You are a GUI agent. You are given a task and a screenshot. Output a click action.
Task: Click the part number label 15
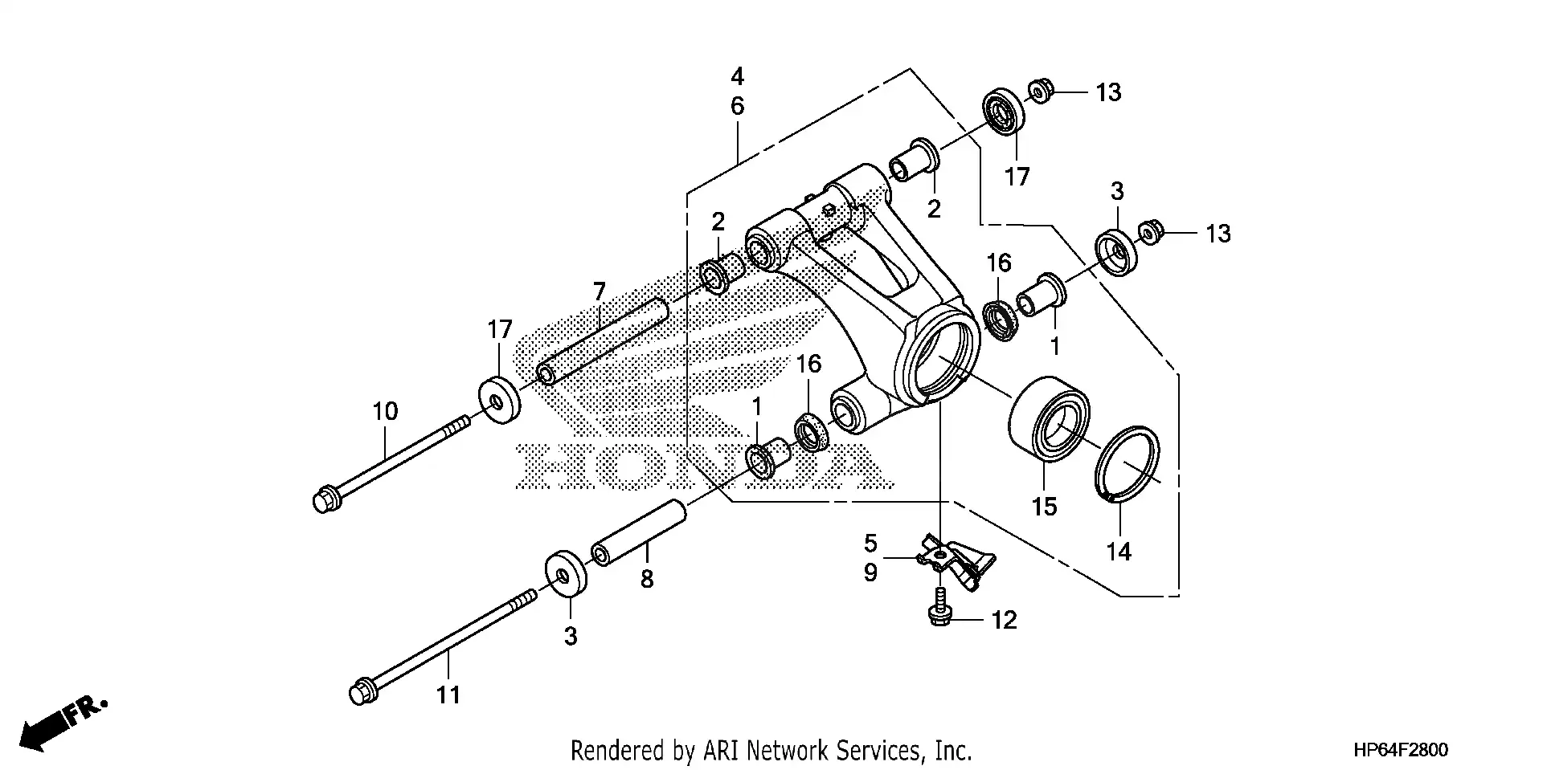pyautogui.click(x=1045, y=507)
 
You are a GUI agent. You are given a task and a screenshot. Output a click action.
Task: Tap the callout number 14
pyautogui.click(x=1119, y=552)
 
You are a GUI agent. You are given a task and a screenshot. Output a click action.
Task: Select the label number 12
pyautogui.click(x=1005, y=620)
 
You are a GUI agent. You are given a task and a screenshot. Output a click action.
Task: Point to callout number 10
pyautogui.click(x=385, y=412)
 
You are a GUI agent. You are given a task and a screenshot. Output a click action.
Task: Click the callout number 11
pyautogui.click(x=448, y=695)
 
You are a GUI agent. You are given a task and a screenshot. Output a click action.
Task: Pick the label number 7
pyautogui.click(x=599, y=291)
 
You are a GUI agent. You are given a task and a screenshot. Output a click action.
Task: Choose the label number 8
pyautogui.click(x=647, y=579)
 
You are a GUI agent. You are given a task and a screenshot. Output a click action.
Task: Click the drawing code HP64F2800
pyautogui.click(x=1400, y=751)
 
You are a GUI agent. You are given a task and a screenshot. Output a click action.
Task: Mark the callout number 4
pyautogui.click(x=737, y=77)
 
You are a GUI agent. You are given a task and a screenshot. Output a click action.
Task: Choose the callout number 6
pyautogui.click(x=737, y=106)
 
